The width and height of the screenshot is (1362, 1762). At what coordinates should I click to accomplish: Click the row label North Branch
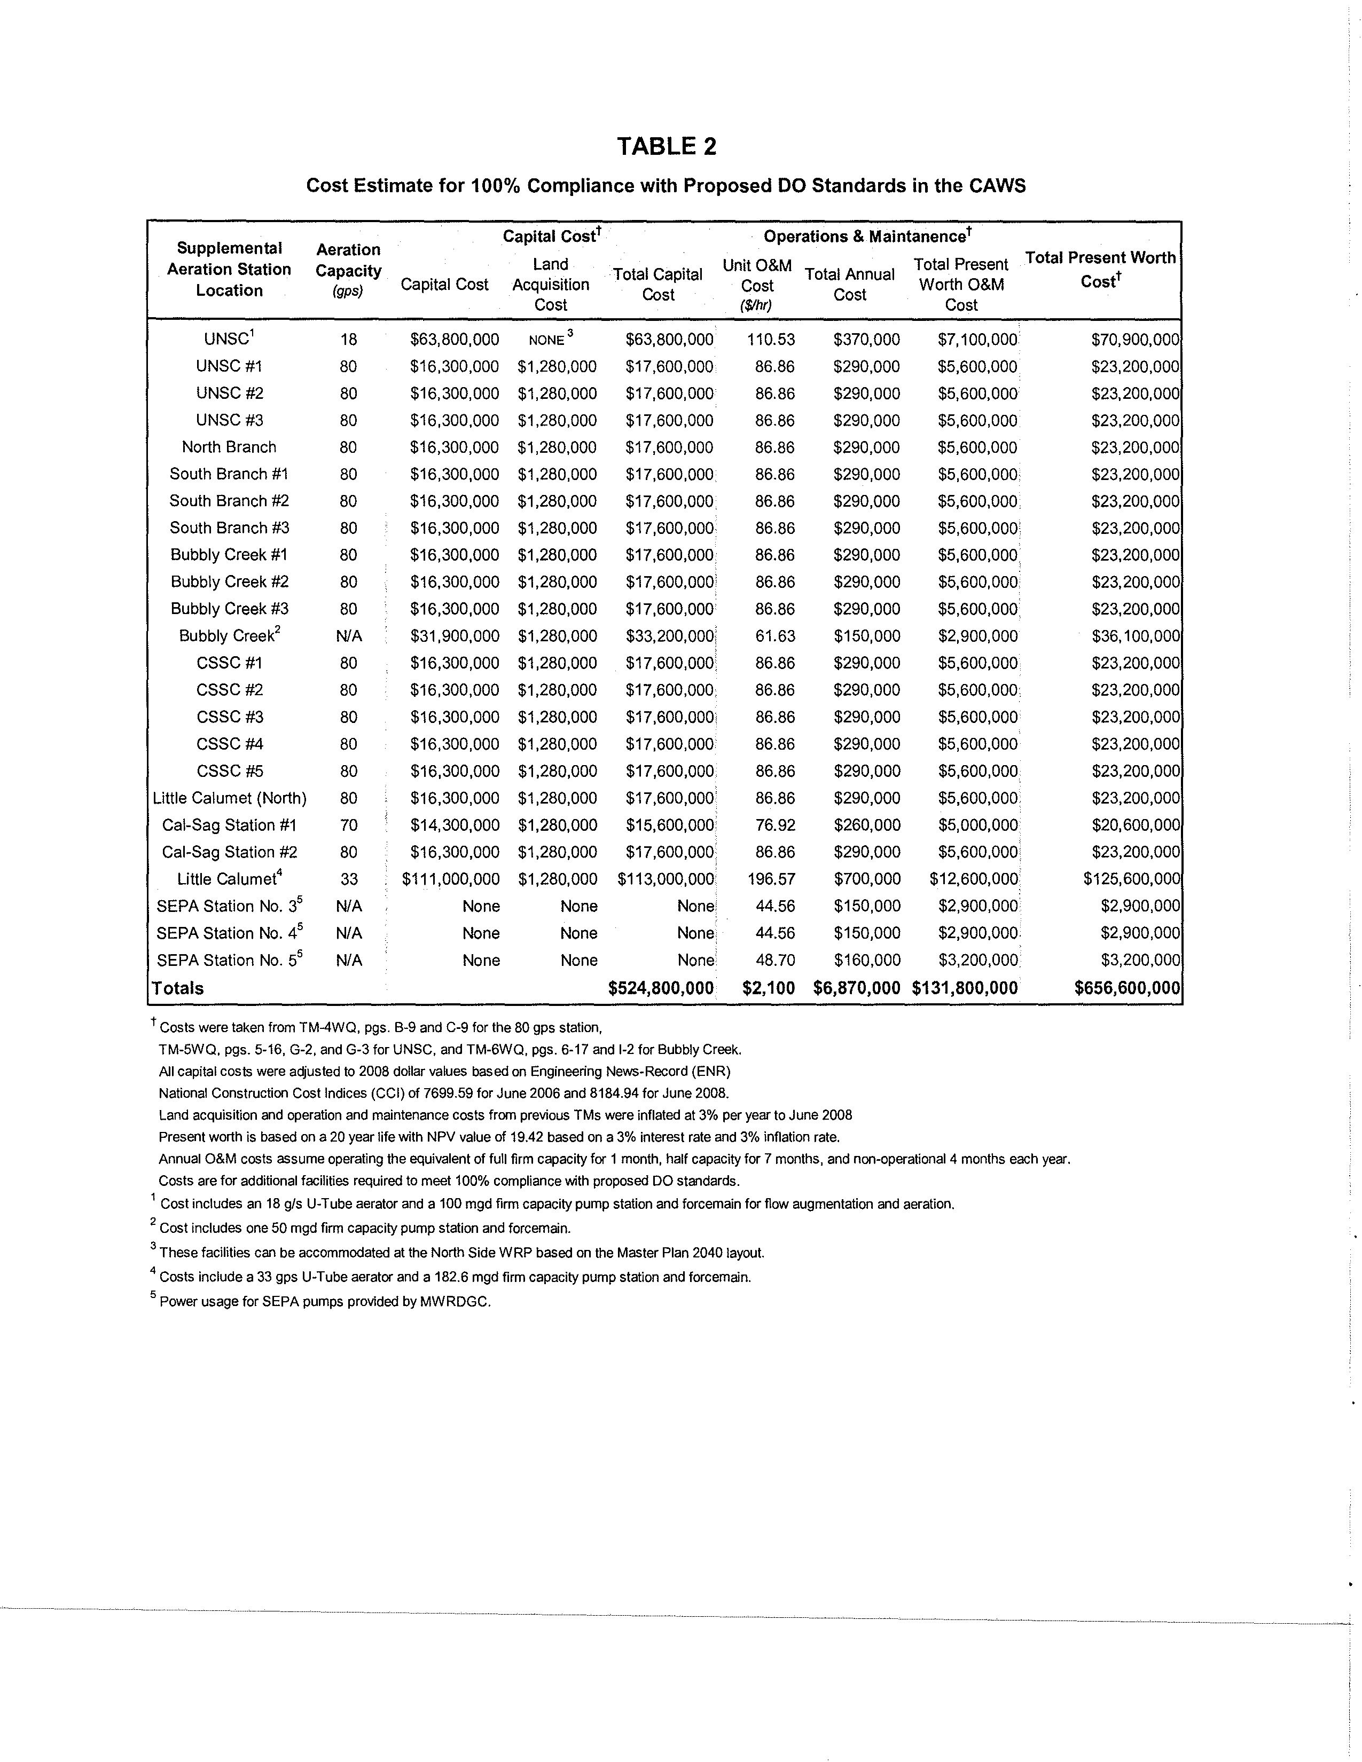[229, 447]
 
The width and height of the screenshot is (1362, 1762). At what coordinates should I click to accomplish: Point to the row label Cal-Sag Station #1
[229, 825]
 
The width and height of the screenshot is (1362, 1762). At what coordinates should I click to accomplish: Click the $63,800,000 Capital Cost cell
[455, 340]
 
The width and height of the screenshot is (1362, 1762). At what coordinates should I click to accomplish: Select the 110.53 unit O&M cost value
[771, 340]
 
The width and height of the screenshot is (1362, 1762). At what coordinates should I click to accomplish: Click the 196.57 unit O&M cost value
[771, 879]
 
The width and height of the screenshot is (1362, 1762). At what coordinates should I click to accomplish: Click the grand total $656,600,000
[1127, 988]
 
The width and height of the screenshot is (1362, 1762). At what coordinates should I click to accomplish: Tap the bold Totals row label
[178, 988]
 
